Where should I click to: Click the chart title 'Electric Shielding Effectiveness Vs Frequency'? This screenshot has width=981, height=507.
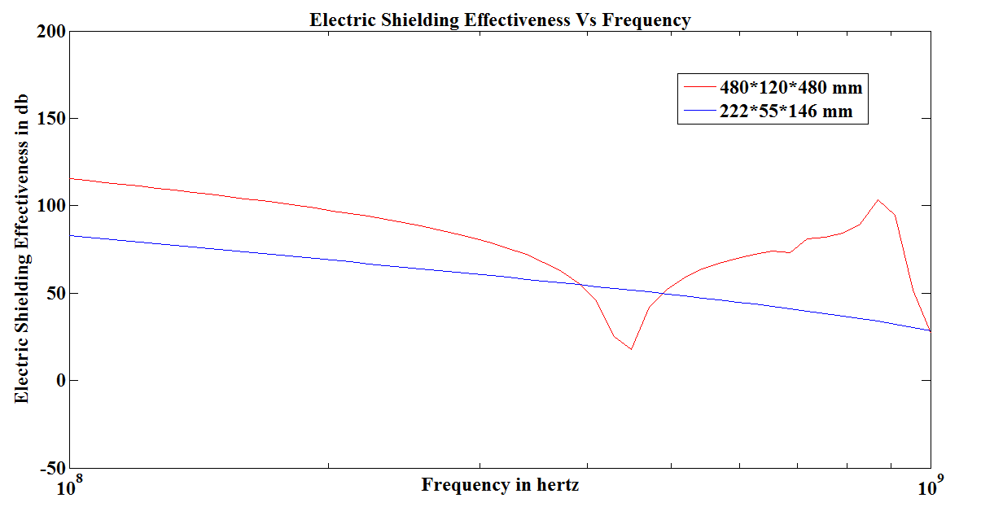pos(499,20)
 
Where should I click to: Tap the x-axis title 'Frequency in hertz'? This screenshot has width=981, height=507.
pos(500,485)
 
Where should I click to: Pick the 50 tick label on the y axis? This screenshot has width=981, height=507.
pos(55,293)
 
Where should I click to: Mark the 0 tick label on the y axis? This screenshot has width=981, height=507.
pos(59,380)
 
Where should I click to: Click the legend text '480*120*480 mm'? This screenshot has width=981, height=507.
pos(790,87)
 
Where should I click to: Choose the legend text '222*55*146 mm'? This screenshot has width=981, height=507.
pos(786,111)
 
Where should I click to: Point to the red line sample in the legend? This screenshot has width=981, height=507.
pos(699,85)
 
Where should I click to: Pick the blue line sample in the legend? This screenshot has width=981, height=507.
pos(699,110)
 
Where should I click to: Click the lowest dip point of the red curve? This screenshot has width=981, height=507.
pos(631,349)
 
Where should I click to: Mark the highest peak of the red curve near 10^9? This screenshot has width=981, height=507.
pos(878,200)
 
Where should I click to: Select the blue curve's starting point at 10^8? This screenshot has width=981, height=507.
pos(71,235)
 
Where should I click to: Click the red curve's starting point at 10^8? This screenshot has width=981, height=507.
pos(71,178)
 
